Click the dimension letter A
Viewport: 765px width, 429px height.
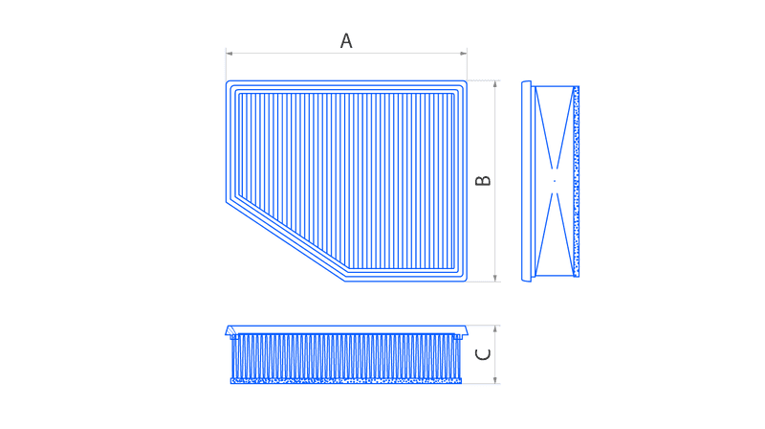click(346, 40)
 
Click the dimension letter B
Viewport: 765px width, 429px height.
click(483, 181)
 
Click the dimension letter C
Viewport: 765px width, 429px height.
click(483, 353)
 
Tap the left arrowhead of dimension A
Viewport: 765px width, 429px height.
click(229, 54)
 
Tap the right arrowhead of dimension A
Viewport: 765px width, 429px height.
click(464, 54)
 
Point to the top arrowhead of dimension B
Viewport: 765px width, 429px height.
click(495, 84)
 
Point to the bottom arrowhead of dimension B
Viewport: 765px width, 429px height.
click(495, 278)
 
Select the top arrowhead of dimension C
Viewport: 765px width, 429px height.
click(495, 329)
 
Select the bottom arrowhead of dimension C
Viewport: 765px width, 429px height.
click(495, 379)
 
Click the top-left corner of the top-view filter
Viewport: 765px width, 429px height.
click(227, 81)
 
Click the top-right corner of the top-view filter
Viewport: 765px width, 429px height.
click(467, 81)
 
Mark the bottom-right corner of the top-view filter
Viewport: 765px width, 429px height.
click(467, 281)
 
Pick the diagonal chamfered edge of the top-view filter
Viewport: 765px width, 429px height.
click(285, 241)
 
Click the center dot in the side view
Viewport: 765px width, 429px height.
click(555, 181)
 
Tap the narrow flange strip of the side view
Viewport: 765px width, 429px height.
click(527, 181)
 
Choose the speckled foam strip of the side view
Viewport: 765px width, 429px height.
click(577, 182)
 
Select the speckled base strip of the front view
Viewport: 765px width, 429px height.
click(346, 380)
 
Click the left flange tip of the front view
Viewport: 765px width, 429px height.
click(226, 334)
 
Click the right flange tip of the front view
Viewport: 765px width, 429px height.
click(467, 334)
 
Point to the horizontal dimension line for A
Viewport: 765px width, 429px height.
click(346, 54)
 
